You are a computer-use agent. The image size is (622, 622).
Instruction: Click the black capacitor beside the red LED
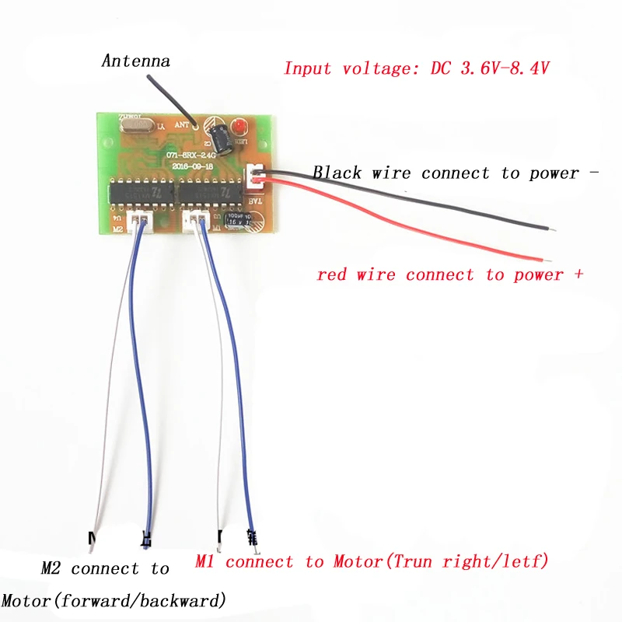coord(221,135)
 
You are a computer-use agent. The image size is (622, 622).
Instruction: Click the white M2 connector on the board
coord(140,220)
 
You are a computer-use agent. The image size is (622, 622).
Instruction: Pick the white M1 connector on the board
coord(196,220)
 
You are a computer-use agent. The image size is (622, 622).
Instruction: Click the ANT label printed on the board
coord(183,122)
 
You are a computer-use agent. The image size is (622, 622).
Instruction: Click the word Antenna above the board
coord(135,60)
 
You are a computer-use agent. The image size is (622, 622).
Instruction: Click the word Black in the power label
coord(337,173)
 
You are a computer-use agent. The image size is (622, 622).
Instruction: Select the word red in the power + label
coord(332,274)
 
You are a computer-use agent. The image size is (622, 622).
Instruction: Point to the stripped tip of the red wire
coord(547,259)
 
